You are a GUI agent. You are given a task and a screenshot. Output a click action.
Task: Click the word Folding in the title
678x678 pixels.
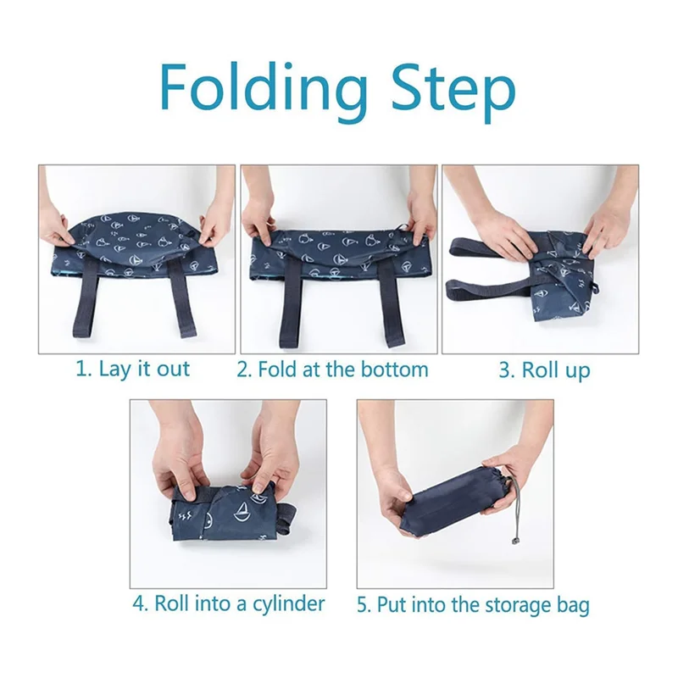[264, 90]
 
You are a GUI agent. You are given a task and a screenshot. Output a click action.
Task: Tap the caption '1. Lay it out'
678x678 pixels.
[134, 370]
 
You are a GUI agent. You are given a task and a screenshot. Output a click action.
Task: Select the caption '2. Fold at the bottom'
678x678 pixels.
[332, 370]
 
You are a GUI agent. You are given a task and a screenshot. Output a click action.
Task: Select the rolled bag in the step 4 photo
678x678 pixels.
[229, 509]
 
